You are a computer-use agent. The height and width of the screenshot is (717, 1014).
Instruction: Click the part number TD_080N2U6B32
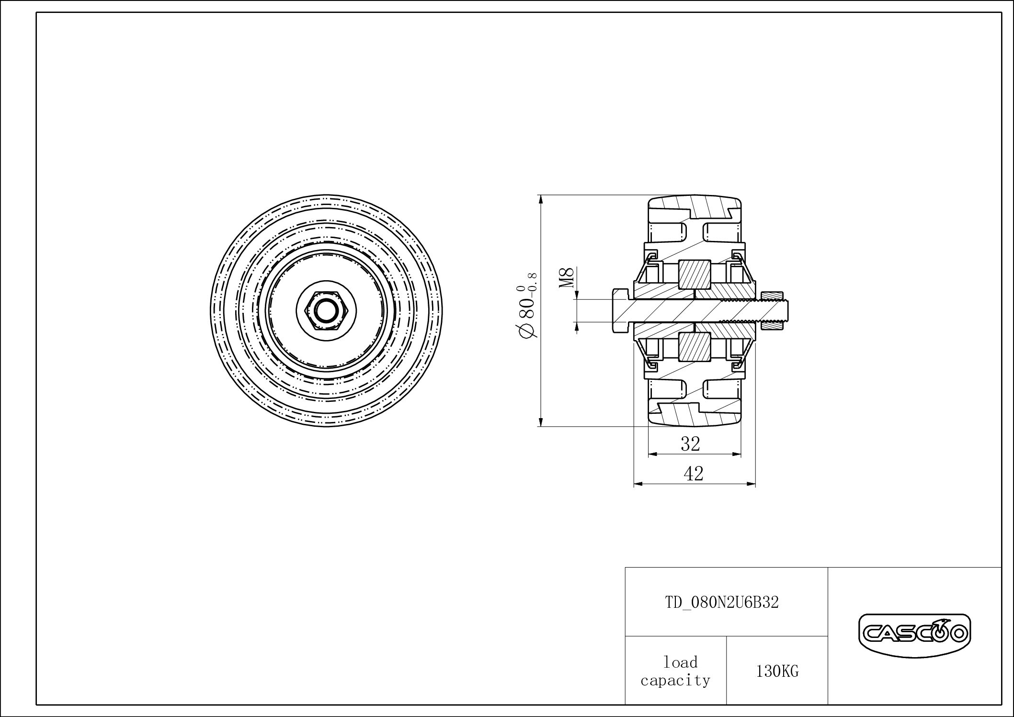click(722, 602)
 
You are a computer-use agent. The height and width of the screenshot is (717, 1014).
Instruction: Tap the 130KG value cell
click(777, 671)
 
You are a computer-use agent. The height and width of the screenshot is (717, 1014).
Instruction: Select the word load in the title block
click(680, 662)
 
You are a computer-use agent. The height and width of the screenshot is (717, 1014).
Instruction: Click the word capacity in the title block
click(675, 680)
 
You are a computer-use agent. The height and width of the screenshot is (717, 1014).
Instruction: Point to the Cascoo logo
click(914, 635)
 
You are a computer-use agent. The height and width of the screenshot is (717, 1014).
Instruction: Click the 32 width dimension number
click(690, 444)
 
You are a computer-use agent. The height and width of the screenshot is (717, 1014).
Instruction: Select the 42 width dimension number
click(693, 474)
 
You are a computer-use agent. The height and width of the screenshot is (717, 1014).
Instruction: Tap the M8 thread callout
click(567, 278)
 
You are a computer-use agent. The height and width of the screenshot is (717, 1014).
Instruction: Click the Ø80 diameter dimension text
click(526, 316)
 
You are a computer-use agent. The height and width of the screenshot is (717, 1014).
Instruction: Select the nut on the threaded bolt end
click(772, 311)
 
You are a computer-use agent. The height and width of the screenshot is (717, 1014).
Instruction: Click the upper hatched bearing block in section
click(694, 274)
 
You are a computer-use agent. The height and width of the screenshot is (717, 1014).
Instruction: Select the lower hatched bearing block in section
click(694, 347)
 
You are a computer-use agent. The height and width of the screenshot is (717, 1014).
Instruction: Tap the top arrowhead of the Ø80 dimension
click(541, 199)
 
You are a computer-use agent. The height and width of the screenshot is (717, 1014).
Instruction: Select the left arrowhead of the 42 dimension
click(638, 484)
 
